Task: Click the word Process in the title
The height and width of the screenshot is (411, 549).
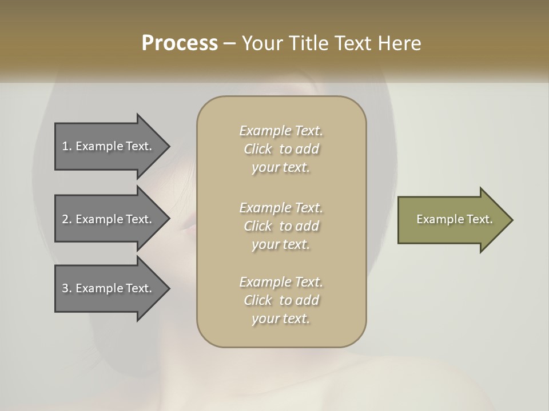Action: coord(180,43)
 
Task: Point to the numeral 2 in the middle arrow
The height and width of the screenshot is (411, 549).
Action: coord(65,219)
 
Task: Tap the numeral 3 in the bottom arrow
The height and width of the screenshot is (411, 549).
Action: coord(65,288)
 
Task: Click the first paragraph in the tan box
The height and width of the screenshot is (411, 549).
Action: coord(281,149)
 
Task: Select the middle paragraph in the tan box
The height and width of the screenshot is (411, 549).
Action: coord(281,225)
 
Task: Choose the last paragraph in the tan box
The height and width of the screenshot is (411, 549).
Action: coord(281,300)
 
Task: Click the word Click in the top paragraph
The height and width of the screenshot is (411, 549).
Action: coord(258,149)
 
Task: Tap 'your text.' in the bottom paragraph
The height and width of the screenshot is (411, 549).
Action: coord(281,319)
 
